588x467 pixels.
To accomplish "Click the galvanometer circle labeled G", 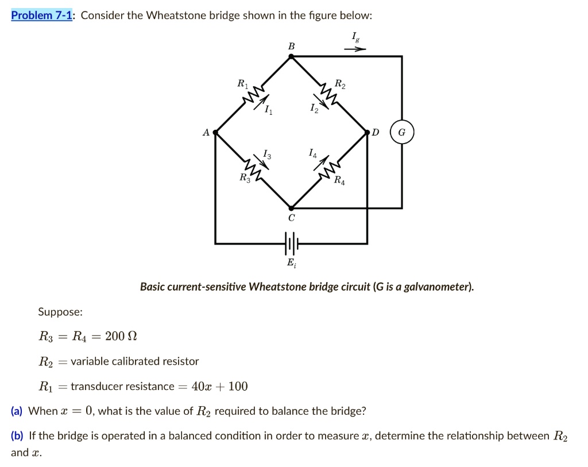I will click(x=401, y=133).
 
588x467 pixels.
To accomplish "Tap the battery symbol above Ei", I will click(x=291, y=244).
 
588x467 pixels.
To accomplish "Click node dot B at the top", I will click(x=291, y=56).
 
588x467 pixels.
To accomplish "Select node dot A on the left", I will click(x=215, y=133).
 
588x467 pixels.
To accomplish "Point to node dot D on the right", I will click(x=367, y=133).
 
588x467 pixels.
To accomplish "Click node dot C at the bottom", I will click(x=291, y=209).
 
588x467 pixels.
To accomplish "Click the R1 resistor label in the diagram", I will click(x=242, y=84).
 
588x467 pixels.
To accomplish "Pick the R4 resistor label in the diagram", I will click(x=340, y=182).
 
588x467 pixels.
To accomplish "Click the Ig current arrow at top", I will click(x=355, y=49).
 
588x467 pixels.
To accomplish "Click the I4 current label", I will click(x=312, y=153).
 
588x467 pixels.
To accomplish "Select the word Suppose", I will click(x=60, y=312).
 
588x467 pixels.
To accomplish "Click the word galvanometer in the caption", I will click(x=437, y=286).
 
